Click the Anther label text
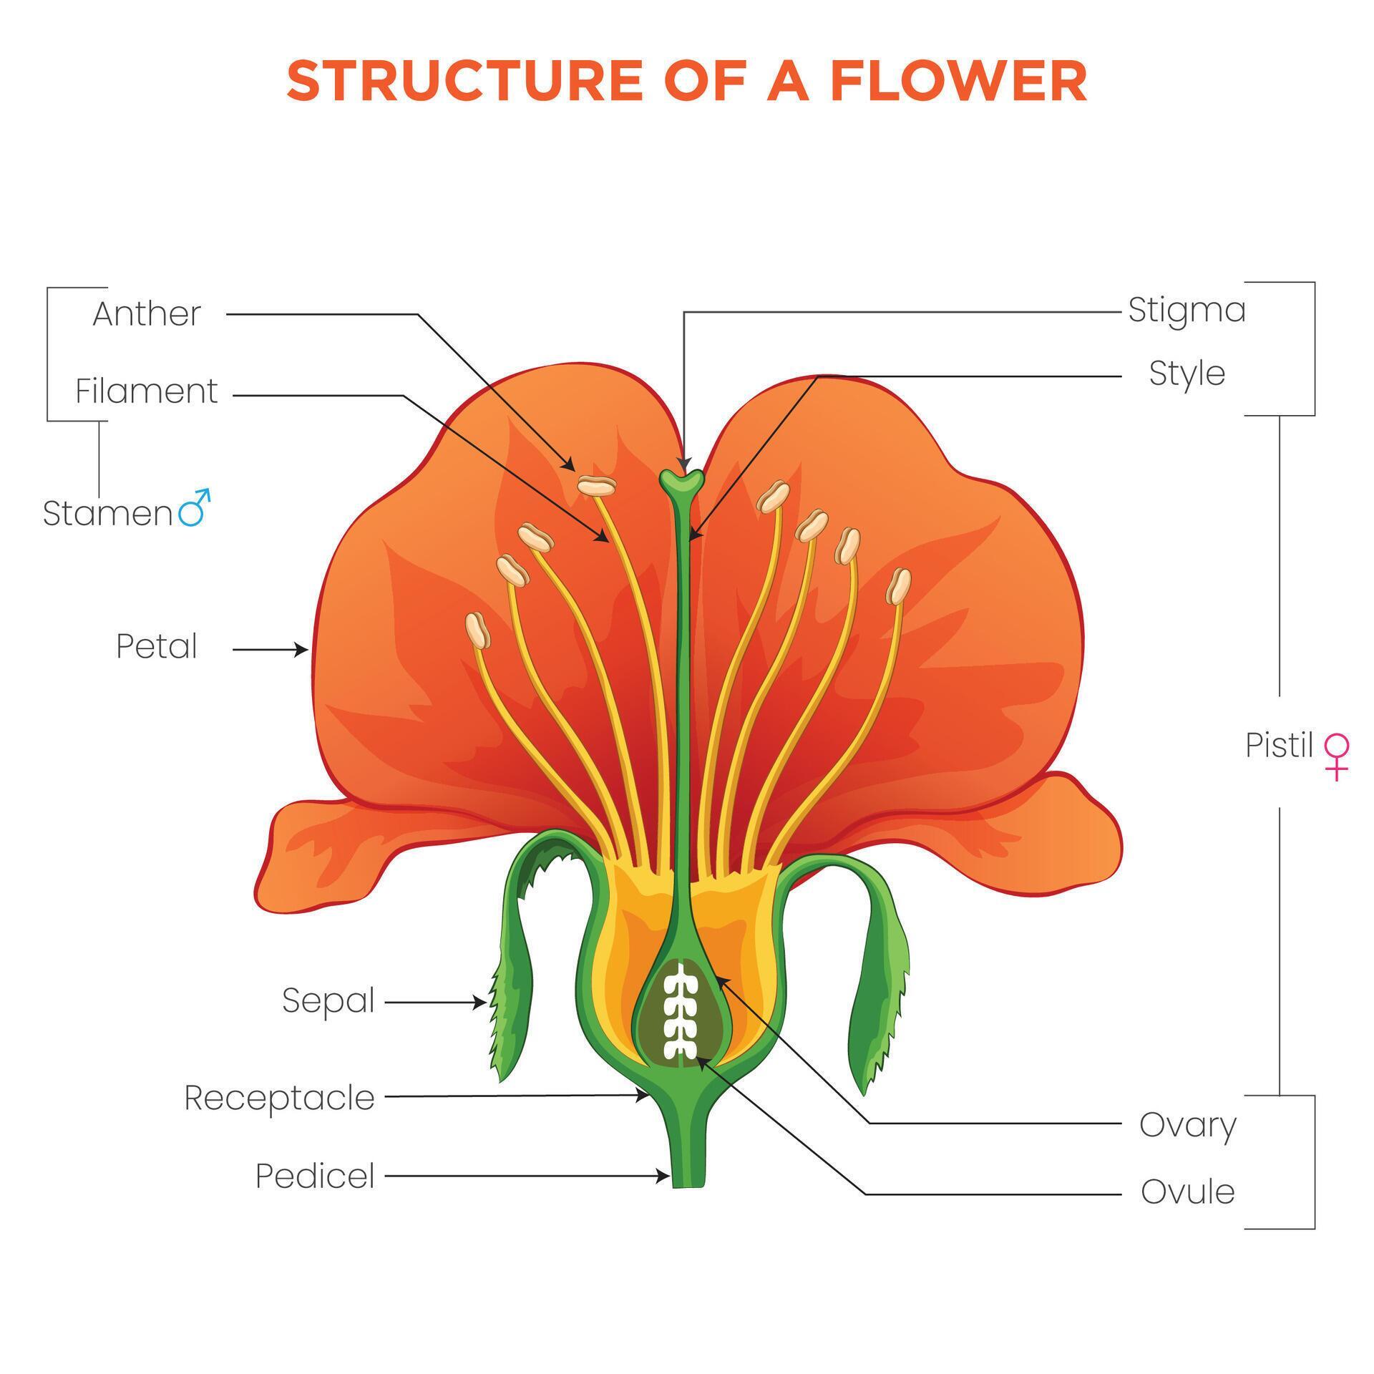click(147, 314)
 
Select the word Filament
click(147, 391)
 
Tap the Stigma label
click(1187, 311)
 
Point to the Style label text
click(1187, 374)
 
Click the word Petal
click(157, 647)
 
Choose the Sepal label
click(328, 1000)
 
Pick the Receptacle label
click(280, 1098)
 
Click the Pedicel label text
click(316, 1176)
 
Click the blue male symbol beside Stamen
click(194, 508)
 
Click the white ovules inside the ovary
click(681, 1010)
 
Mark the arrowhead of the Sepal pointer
click(481, 1003)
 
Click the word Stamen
click(107, 514)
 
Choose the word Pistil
click(1279, 746)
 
